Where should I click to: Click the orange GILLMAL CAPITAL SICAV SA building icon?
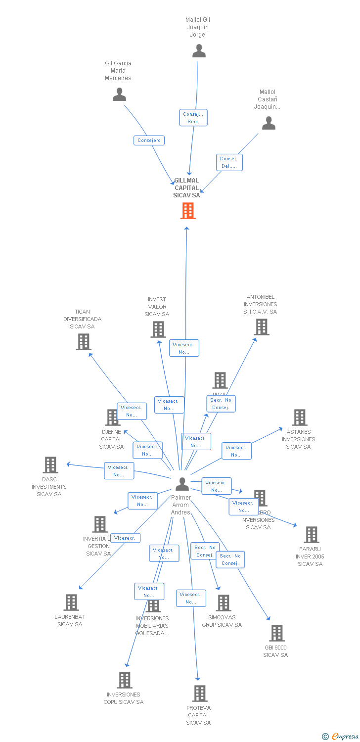pos(188,211)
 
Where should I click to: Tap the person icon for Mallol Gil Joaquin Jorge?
pos(199,51)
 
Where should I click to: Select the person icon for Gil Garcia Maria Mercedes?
pos(119,94)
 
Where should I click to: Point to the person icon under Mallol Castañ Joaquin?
pos(269,123)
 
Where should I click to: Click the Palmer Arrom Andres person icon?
pos(182,484)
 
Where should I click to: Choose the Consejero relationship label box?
pos(149,140)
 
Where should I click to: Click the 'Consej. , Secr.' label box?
pos(193,118)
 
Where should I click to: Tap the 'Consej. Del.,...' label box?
pos(229,162)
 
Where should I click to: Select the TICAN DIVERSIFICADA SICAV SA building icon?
pos(84,341)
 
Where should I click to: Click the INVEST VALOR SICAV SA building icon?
pos(158,329)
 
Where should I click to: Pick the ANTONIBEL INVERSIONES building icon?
pos(262,326)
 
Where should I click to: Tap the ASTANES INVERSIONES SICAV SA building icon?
pos(300,417)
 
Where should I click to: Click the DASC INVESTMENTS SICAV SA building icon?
pos(50,465)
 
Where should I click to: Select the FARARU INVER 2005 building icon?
pos(312,535)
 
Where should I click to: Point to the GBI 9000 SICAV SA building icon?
pos(277,633)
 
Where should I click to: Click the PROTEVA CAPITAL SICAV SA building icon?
pos(200,694)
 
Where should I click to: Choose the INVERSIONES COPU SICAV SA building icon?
pos(125,680)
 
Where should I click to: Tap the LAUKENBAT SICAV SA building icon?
pos(72,603)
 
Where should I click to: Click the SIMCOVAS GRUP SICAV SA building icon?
pos(224,603)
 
